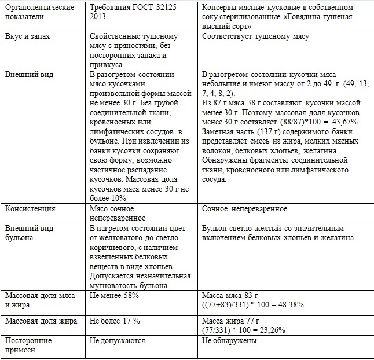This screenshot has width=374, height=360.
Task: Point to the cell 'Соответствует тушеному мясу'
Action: [x=255, y=36]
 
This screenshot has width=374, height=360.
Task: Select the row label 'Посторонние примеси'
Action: [x=28, y=346]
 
